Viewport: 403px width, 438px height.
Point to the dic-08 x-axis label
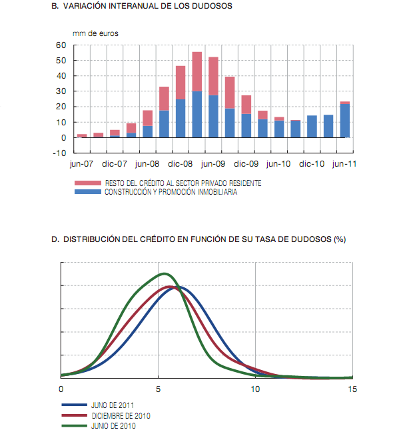click(x=180, y=163)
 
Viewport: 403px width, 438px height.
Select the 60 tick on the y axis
click(x=61, y=45)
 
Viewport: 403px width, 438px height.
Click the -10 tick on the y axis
click(x=60, y=153)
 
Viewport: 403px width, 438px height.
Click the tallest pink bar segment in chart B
click(x=197, y=71)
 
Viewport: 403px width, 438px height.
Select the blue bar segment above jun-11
click(x=345, y=121)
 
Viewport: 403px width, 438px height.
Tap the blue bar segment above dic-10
click(x=312, y=127)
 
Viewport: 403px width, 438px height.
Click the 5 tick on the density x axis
click(x=159, y=389)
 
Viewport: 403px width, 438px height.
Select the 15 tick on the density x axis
click(x=352, y=389)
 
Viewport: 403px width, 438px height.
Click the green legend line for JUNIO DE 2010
click(x=74, y=425)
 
